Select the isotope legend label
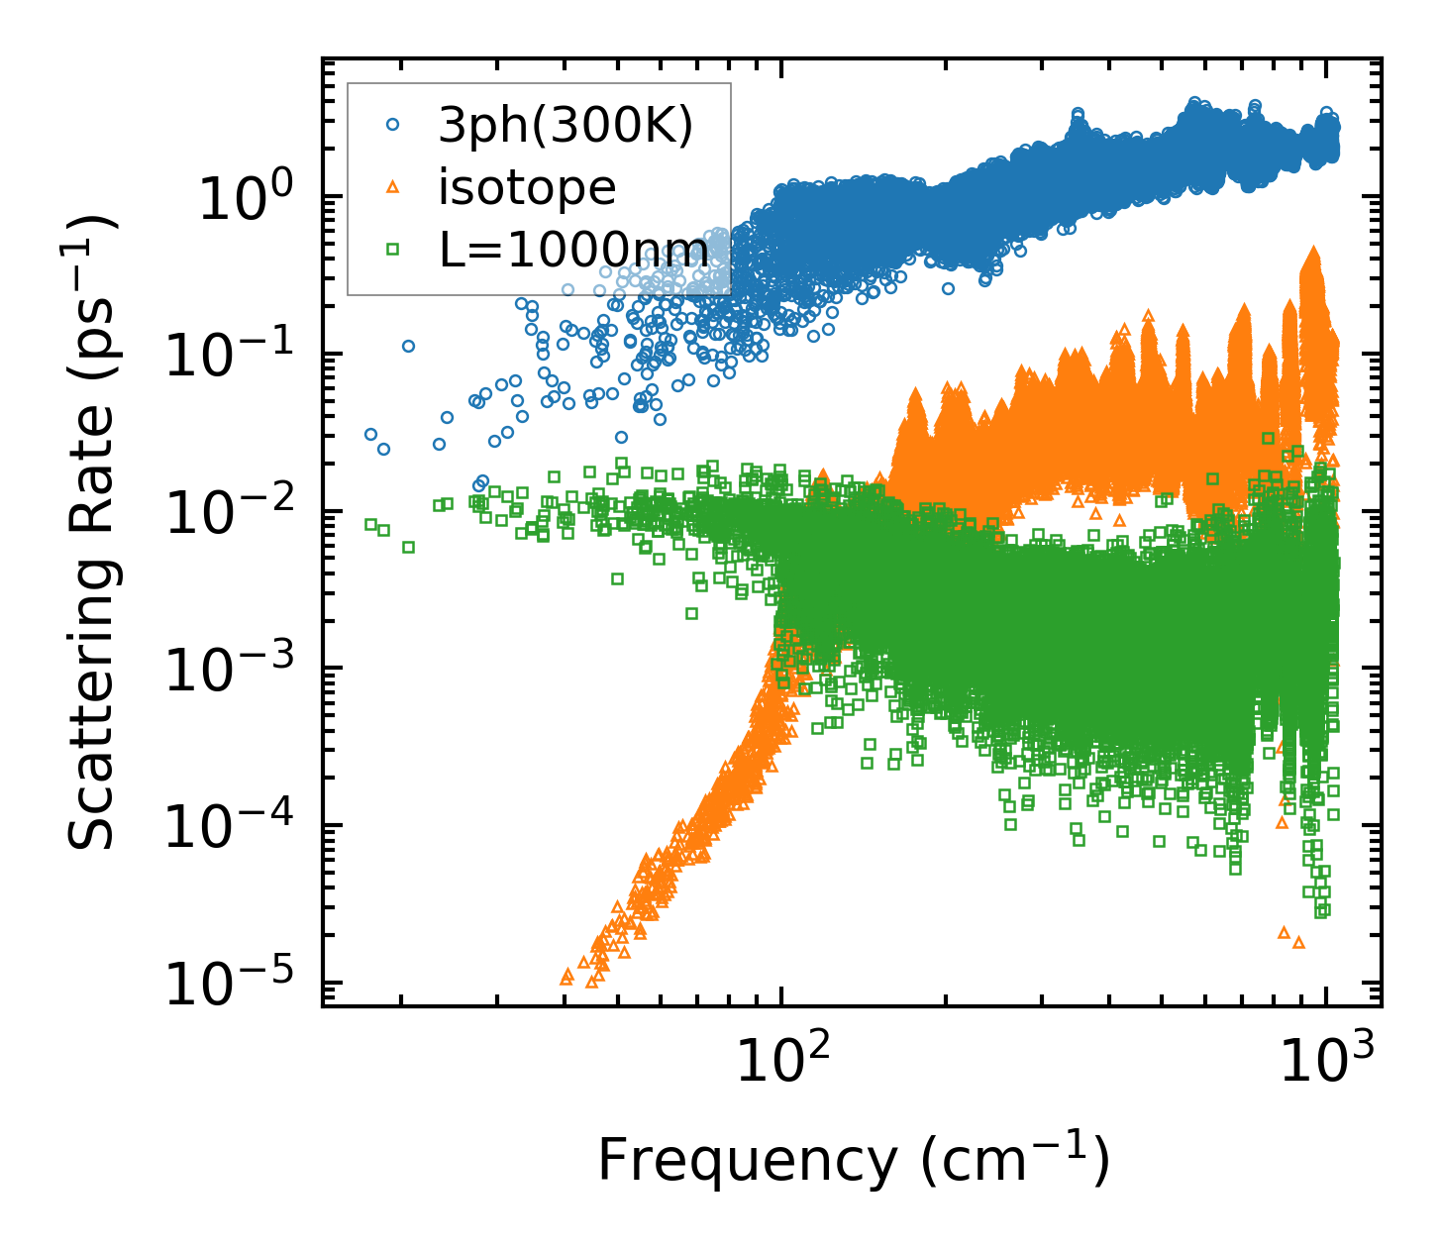click(527, 187)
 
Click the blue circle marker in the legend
click(393, 125)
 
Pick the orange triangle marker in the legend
click(393, 187)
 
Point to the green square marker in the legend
click(393, 250)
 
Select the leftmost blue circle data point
click(370, 434)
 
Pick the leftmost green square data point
click(370, 524)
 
